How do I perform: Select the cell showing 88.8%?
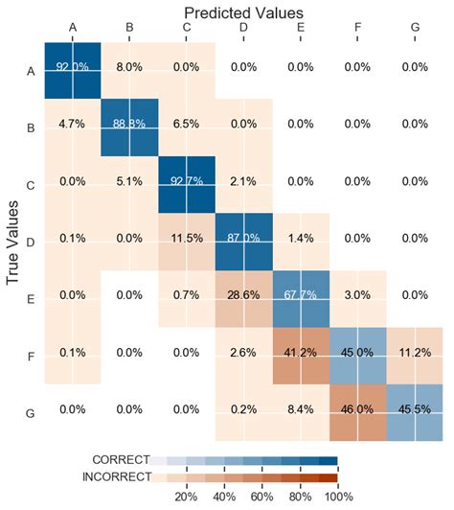pos(129,125)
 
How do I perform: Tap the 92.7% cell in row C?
pos(187,182)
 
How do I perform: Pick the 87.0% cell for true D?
pos(243,240)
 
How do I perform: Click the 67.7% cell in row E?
pos(301,297)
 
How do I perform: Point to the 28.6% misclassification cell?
pos(243,297)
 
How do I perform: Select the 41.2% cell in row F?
pos(301,355)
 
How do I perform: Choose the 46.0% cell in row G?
pos(358,412)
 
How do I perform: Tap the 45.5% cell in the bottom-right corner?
pos(415,412)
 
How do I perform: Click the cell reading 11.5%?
pos(187,240)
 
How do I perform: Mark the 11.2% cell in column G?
pos(415,355)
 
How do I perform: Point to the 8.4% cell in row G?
pos(301,412)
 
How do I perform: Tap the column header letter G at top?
pos(415,29)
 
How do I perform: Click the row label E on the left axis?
pos(29,297)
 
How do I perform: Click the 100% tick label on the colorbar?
pos(338,497)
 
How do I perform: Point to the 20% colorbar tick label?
pos(185,497)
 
